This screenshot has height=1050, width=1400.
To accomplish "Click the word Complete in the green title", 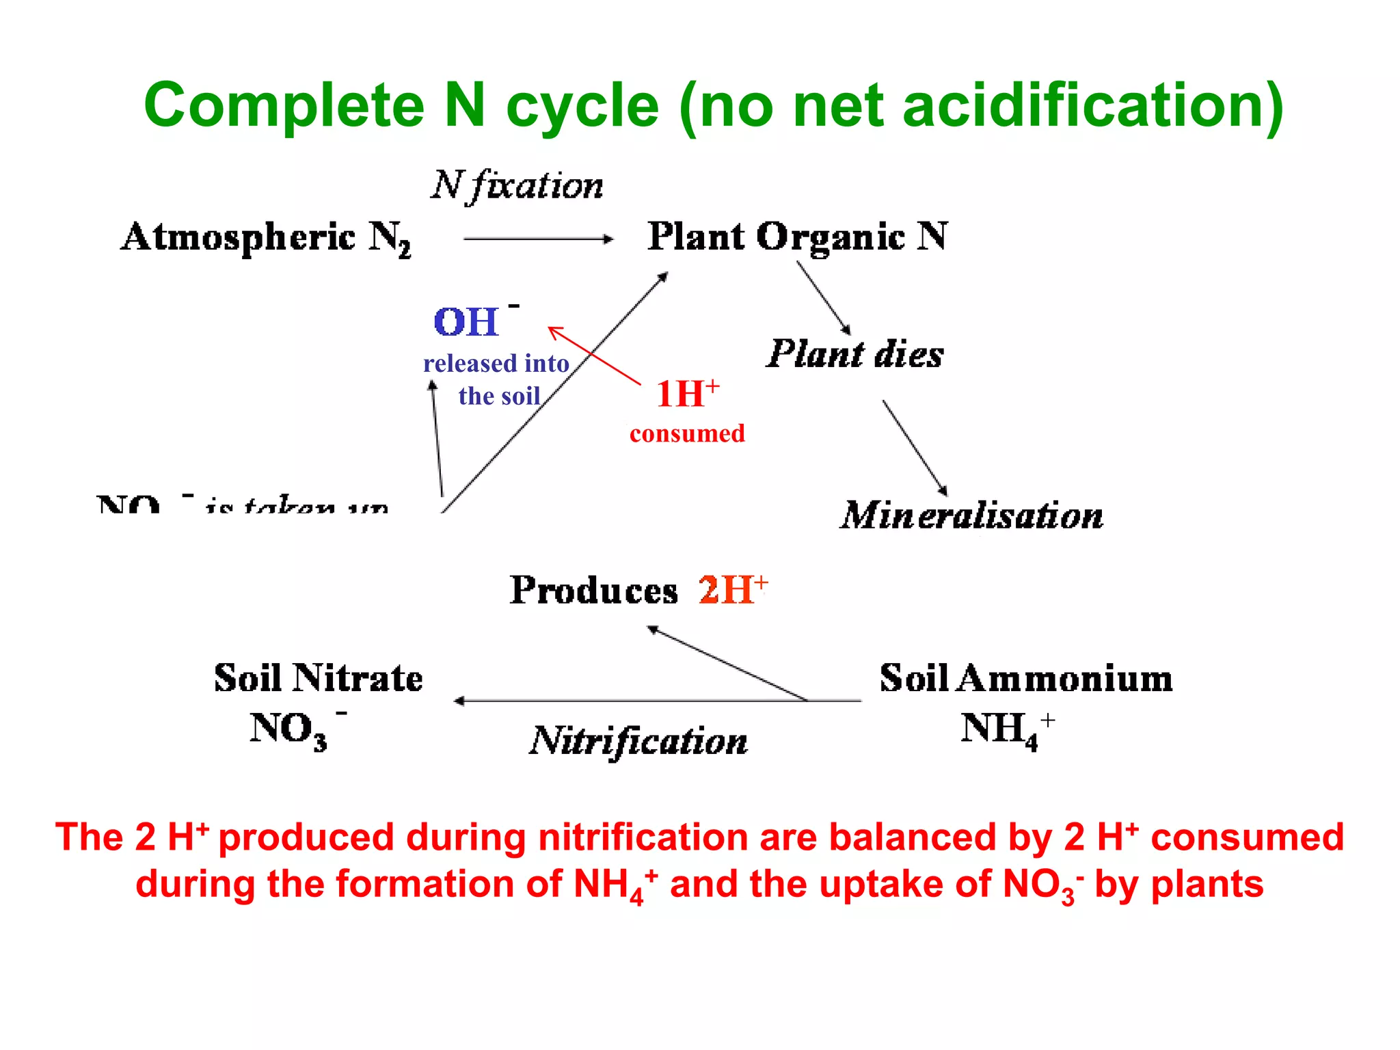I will pyautogui.click(x=284, y=106).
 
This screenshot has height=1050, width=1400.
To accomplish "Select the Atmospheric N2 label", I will pyautogui.click(x=266, y=238).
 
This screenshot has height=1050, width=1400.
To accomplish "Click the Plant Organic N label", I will pyautogui.click(x=797, y=237).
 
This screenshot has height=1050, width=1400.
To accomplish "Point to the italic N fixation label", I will pyautogui.click(x=517, y=185).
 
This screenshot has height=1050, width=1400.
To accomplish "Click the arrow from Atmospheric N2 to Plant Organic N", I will pyautogui.click(x=538, y=239).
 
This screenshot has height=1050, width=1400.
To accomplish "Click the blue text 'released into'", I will pyautogui.click(x=496, y=363).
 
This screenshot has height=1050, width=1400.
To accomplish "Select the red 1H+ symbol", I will pyautogui.click(x=687, y=393).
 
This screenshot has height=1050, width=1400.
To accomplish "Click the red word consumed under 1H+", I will pyautogui.click(x=687, y=433).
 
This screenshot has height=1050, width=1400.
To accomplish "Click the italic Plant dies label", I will pyautogui.click(x=854, y=354).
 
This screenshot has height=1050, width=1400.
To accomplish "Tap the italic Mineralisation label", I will pyautogui.click(x=971, y=515).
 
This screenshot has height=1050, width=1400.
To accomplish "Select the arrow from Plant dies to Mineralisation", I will pyautogui.click(x=915, y=447).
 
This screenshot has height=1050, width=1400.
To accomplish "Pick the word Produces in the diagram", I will pyautogui.click(x=593, y=590).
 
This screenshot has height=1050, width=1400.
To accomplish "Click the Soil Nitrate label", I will pyautogui.click(x=319, y=678).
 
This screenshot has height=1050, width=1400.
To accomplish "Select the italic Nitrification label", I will pyautogui.click(x=638, y=741).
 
